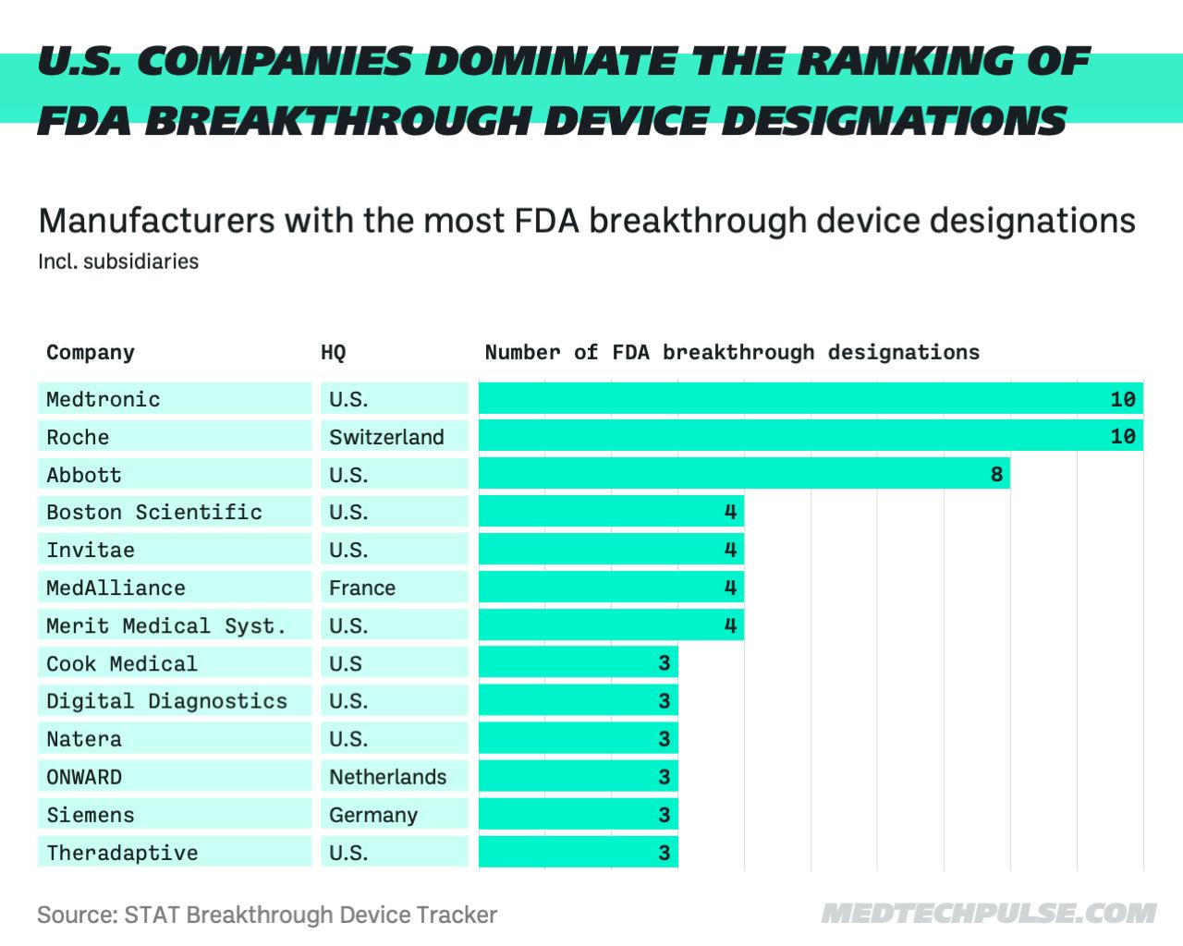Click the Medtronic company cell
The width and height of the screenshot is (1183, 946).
[x=174, y=399]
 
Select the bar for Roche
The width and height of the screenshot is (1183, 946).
[x=810, y=436]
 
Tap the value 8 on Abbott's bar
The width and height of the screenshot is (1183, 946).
[x=996, y=475]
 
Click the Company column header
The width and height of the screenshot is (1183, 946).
[x=91, y=352]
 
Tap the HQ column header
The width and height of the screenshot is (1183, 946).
[x=333, y=352]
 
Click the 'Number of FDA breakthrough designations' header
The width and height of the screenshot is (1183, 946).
[x=732, y=352]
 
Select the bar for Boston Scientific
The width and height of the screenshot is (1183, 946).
[x=610, y=512]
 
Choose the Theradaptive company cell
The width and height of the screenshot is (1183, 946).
[x=174, y=853]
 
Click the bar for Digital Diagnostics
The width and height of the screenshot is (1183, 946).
[x=578, y=701]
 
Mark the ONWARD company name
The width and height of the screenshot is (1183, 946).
[x=84, y=777]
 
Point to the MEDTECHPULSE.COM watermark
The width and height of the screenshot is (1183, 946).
[x=988, y=914]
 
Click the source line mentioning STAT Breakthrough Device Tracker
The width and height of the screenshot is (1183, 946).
[x=267, y=915]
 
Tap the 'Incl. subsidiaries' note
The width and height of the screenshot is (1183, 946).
[x=118, y=261]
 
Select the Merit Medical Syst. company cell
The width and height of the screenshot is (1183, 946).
[x=174, y=625]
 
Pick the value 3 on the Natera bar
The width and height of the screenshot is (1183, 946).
[x=664, y=739]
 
